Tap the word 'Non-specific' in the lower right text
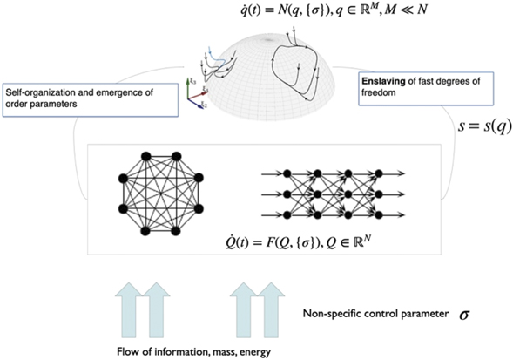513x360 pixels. [x=329, y=311]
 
